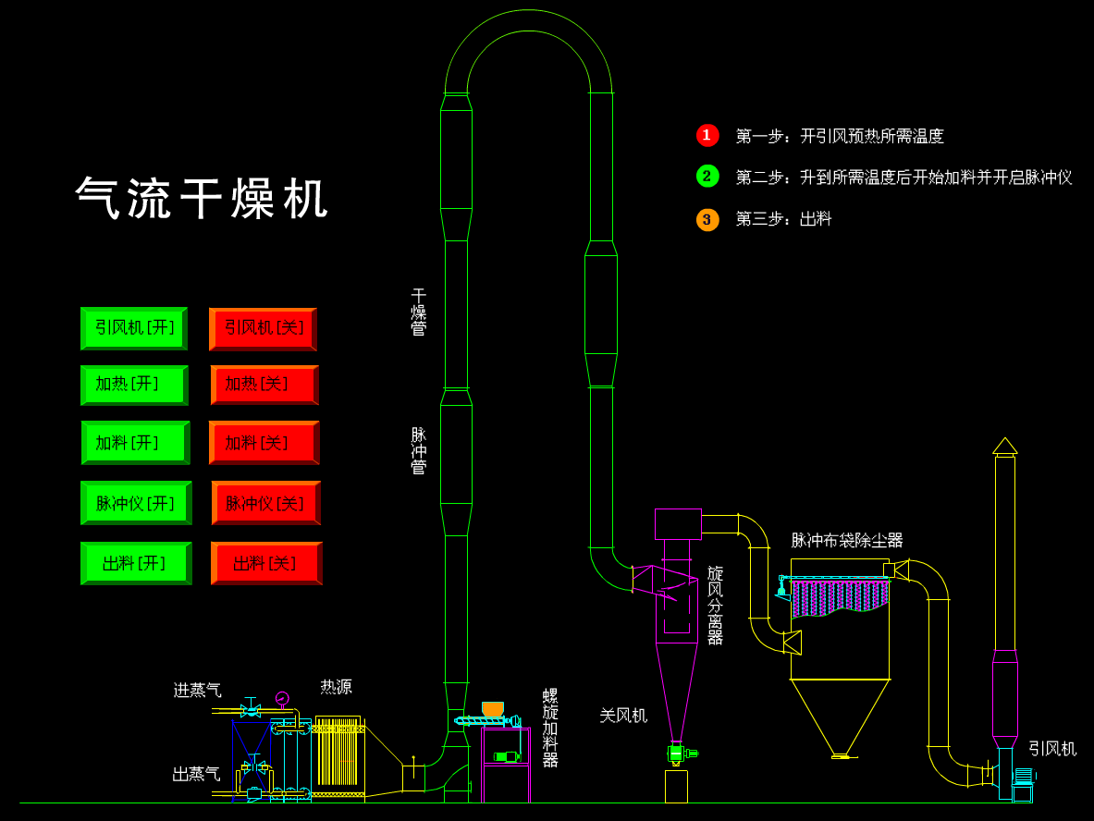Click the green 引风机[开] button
coord(134,328)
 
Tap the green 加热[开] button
coord(134,385)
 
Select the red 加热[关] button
coord(264,385)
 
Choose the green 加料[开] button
coord(135,443)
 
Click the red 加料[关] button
coord(264,443)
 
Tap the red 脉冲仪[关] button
coord(266,503)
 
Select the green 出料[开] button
coord(136,563)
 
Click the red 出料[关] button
coord(266,563)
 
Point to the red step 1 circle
coord(707,136)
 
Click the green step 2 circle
coord(707,177)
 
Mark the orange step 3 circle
coord(707,219)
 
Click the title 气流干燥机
coord(203,199)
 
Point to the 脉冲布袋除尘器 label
coord(846,540)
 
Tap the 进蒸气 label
coord(197,690)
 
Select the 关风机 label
coord(622,715)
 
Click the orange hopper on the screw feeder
coord(493,709)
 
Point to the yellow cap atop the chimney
coord(1005,446)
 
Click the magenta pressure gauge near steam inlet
coord(282,698)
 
